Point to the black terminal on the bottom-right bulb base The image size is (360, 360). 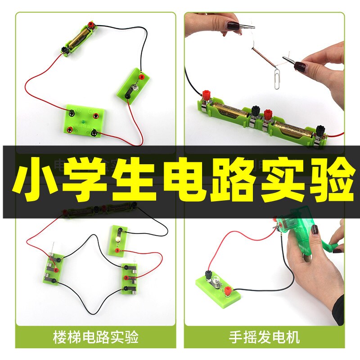(x=209, y=274)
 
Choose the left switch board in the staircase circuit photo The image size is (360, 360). (x=54, y=269)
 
